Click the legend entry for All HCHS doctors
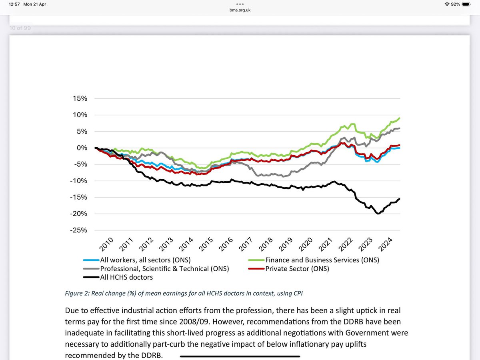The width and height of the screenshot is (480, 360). click(x=126, y=277)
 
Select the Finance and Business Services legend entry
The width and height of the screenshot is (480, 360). click(x=322, y=260)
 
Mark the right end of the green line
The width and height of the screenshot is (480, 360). click(x=400, y=118)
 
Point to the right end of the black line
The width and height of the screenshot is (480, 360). click(x=400, y=199)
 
